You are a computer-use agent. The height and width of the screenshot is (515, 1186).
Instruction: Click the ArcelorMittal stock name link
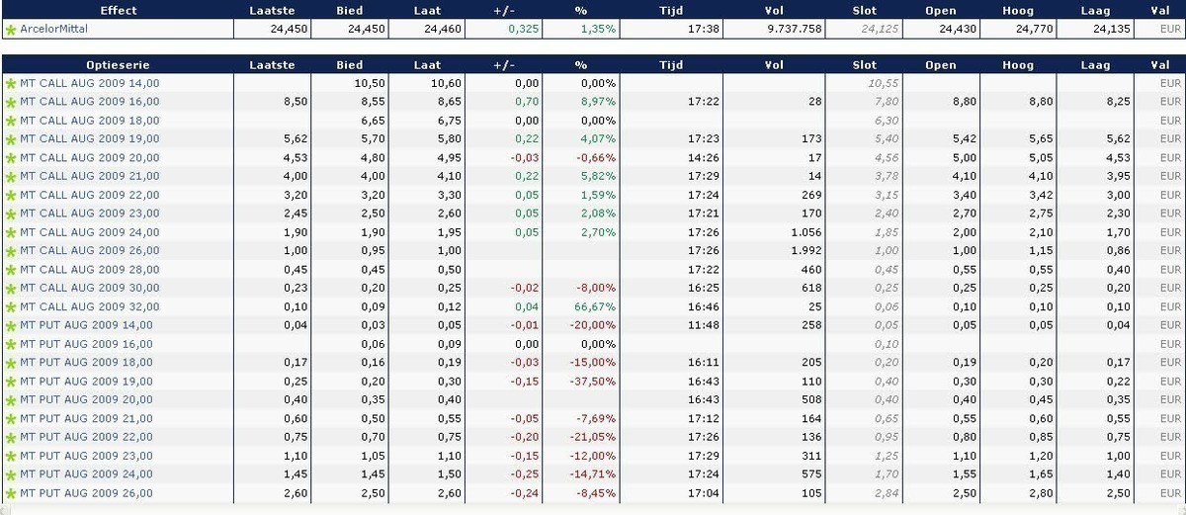click(53, 30)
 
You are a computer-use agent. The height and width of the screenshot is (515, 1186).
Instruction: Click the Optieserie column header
click(118, 65)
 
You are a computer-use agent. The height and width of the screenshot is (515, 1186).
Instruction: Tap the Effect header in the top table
click(118, 11)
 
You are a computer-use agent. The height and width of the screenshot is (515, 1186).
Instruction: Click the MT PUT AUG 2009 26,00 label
click(86, 493)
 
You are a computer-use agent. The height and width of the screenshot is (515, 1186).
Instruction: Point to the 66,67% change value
click(598, 306)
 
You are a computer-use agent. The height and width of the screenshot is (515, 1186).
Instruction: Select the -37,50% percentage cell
click(595, 382)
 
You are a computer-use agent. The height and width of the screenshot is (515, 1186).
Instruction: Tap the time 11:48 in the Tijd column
click(702, 325)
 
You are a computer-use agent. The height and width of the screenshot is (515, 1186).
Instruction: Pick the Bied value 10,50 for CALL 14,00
click(369, 83)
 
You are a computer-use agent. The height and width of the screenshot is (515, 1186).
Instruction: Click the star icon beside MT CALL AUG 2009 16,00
click(11, 102)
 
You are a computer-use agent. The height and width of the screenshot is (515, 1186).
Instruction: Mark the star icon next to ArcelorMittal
click(11, 31)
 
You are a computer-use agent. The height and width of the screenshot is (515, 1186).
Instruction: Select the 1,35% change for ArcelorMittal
click(598, 30)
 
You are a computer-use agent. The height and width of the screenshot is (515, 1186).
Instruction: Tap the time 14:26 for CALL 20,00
click(702, 158)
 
